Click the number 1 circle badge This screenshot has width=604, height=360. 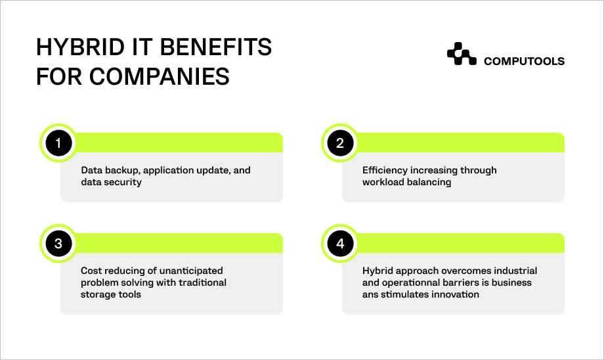[58, 143]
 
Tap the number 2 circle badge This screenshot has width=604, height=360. [340, 143]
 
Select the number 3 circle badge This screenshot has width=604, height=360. [58, 244]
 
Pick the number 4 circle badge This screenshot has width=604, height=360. [340, 244]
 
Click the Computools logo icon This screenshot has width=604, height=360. [462, 54]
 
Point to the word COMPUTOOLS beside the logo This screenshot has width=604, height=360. [524, 61]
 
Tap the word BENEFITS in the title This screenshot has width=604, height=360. [216, 47]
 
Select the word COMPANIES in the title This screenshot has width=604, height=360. [160, 76]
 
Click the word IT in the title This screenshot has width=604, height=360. [142, 47]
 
